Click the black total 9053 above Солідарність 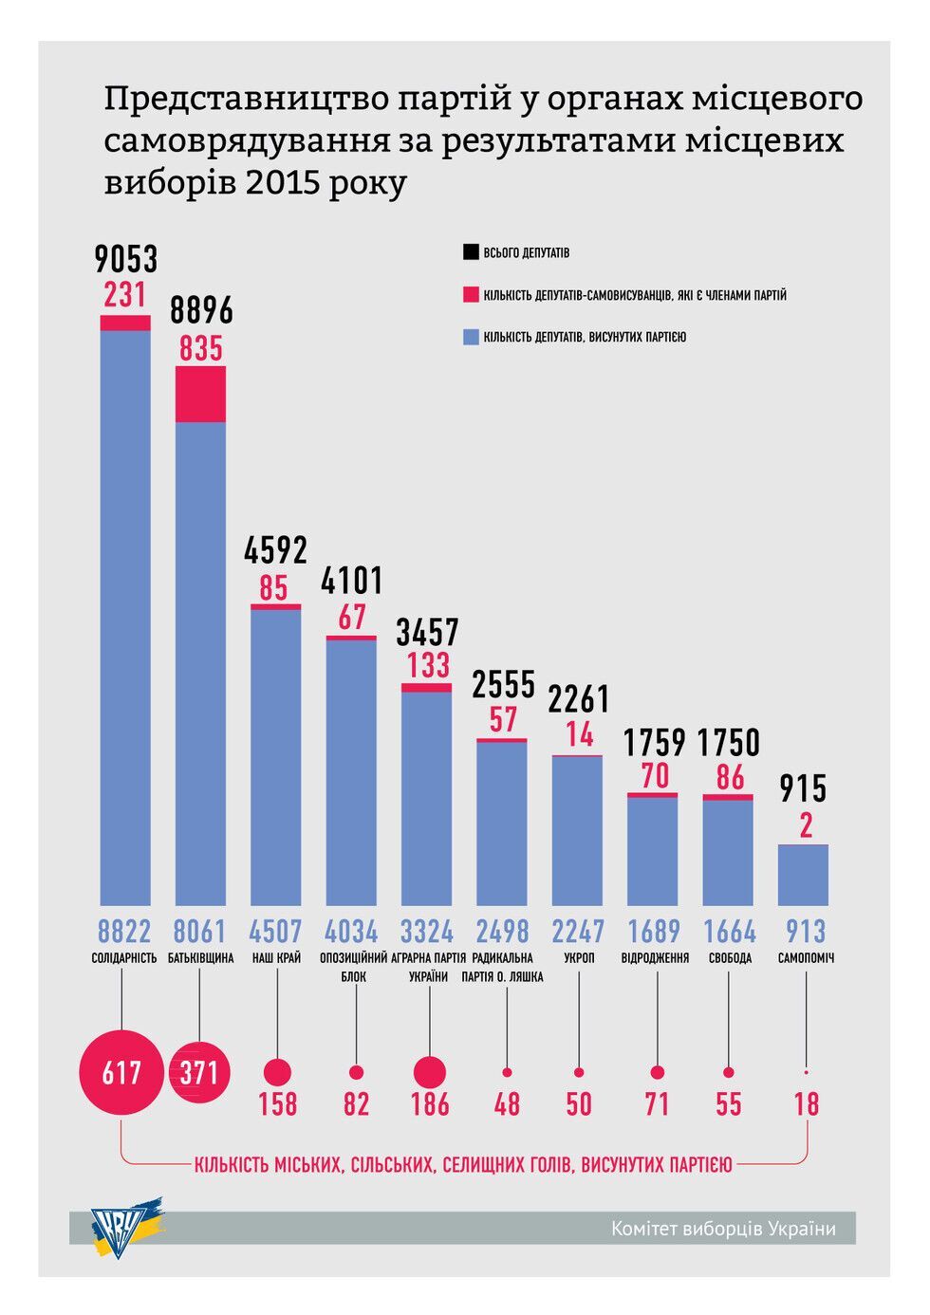(x=126, y=259)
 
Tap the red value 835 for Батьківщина (x=201, y=349)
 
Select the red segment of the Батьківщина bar (x=201, y=394)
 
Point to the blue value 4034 (x=351, y=931)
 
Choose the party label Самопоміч (x=806, y=958)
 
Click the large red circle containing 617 (x=121, y=1072)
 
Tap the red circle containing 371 (x=200, y=1072)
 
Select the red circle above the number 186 (x=430, y=1072)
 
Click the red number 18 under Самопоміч (x=806, y=1103)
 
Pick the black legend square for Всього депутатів (x=471, y=253)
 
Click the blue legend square (x=471, y=337)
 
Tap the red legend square (x=471, y=295)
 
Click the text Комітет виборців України (x=723, y=1229)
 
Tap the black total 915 (x=803, y=788)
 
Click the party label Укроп (x=579, y=958)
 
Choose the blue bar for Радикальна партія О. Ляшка (x=502, y=823)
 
